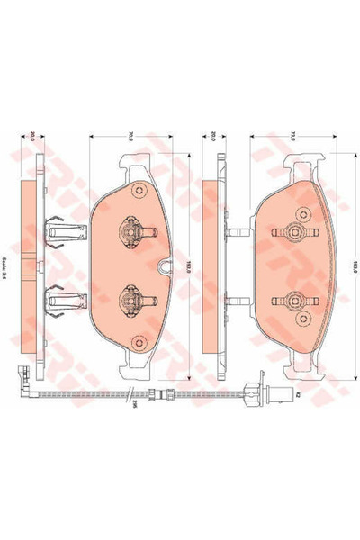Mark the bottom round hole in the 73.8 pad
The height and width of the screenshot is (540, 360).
tap(293, 343)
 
